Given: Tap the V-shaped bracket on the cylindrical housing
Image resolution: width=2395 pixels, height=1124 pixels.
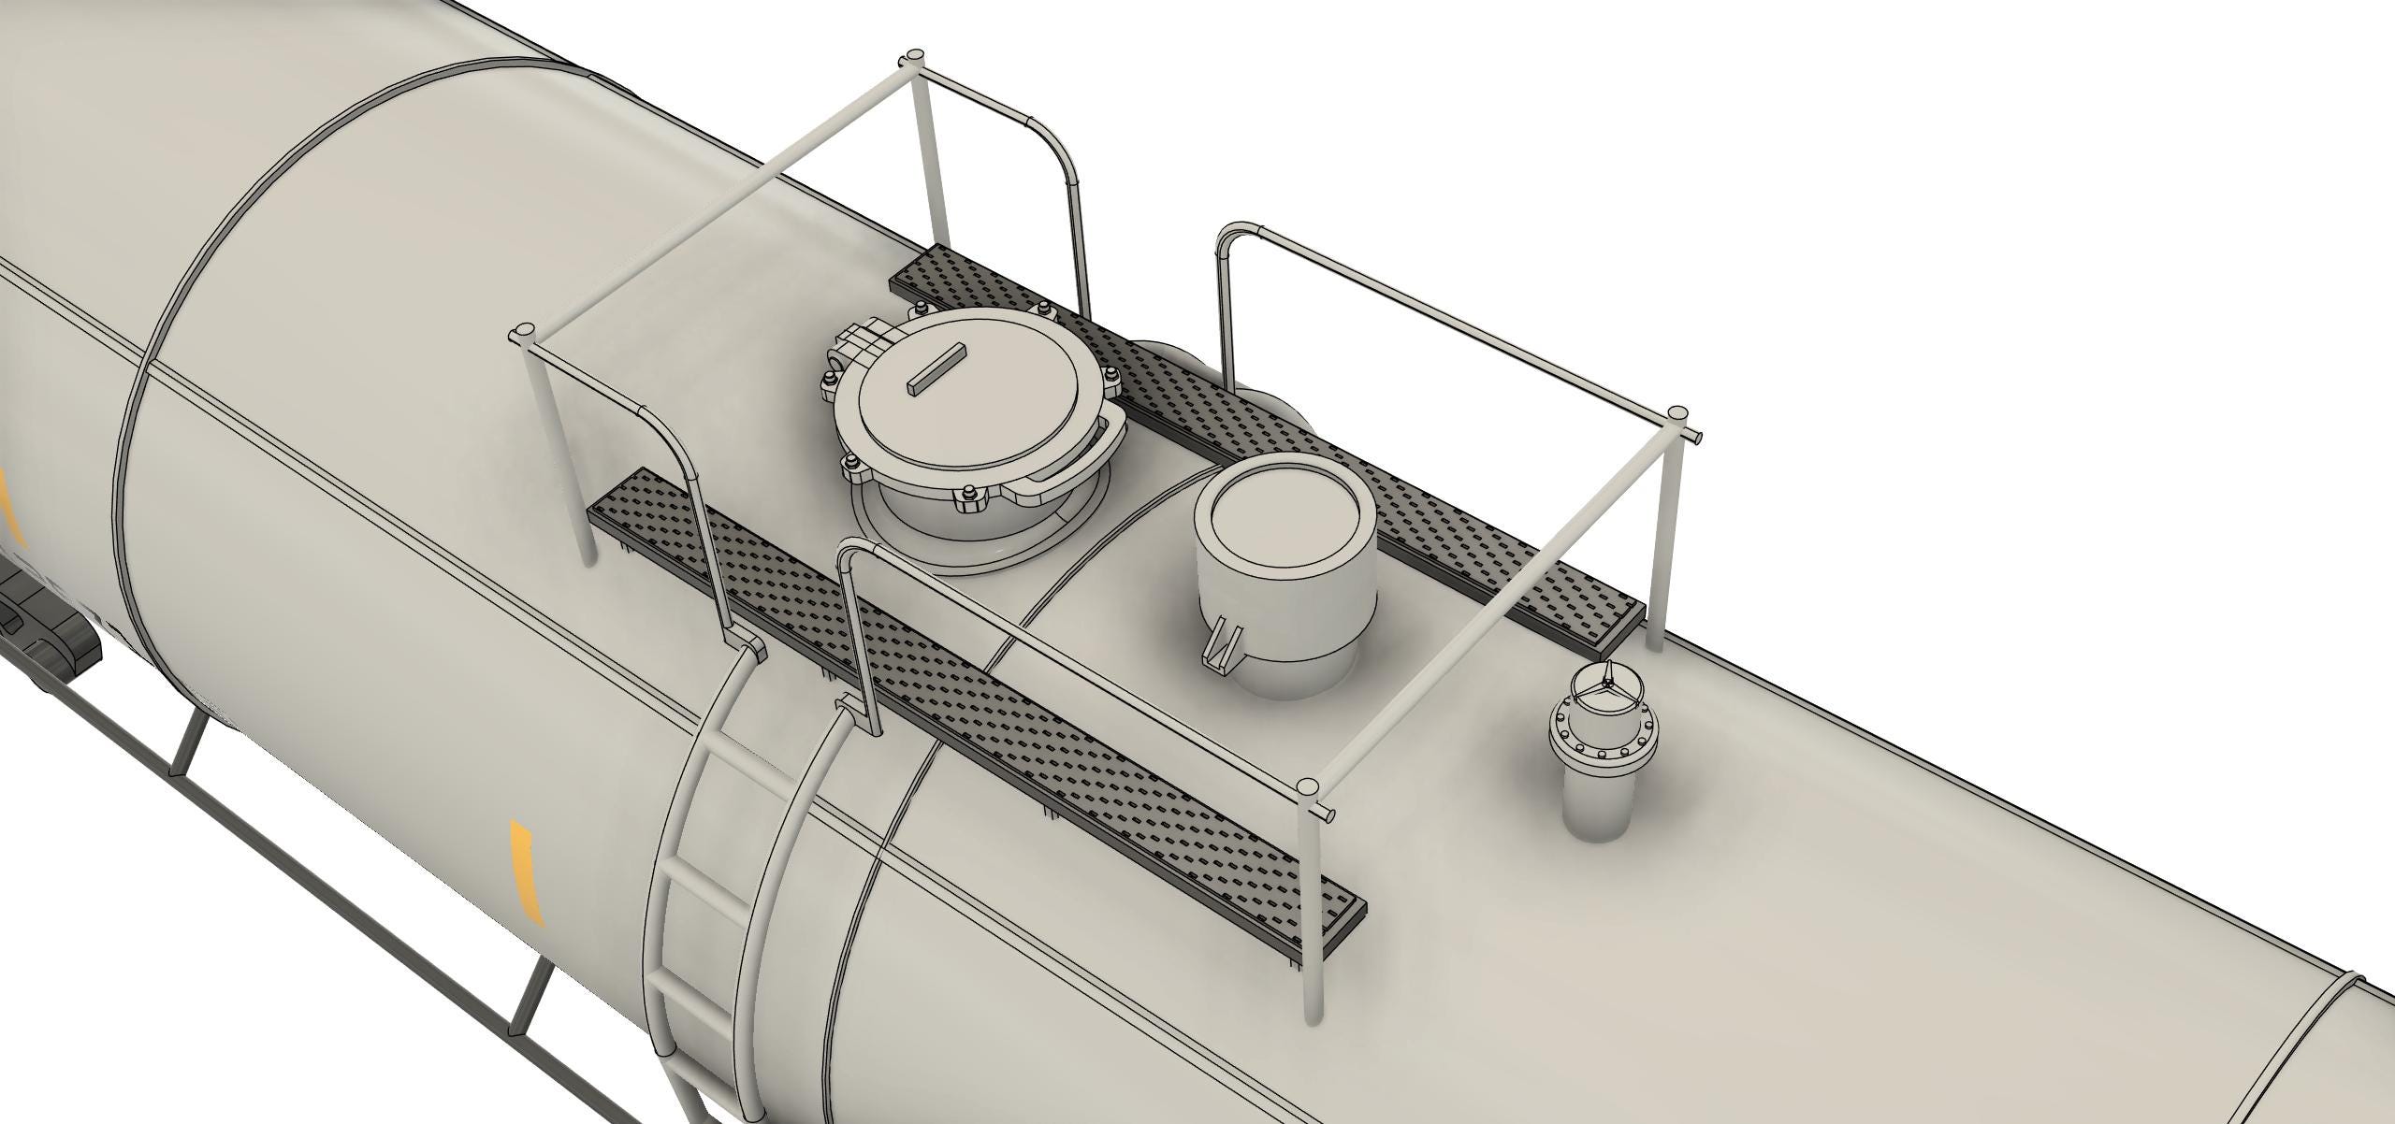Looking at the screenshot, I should (x=1224, y=645).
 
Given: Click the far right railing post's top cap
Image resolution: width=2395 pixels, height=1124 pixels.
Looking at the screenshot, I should (x=1679, y=412).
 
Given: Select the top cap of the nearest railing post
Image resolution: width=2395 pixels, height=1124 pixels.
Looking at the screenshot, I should (x=1310, y=786).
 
